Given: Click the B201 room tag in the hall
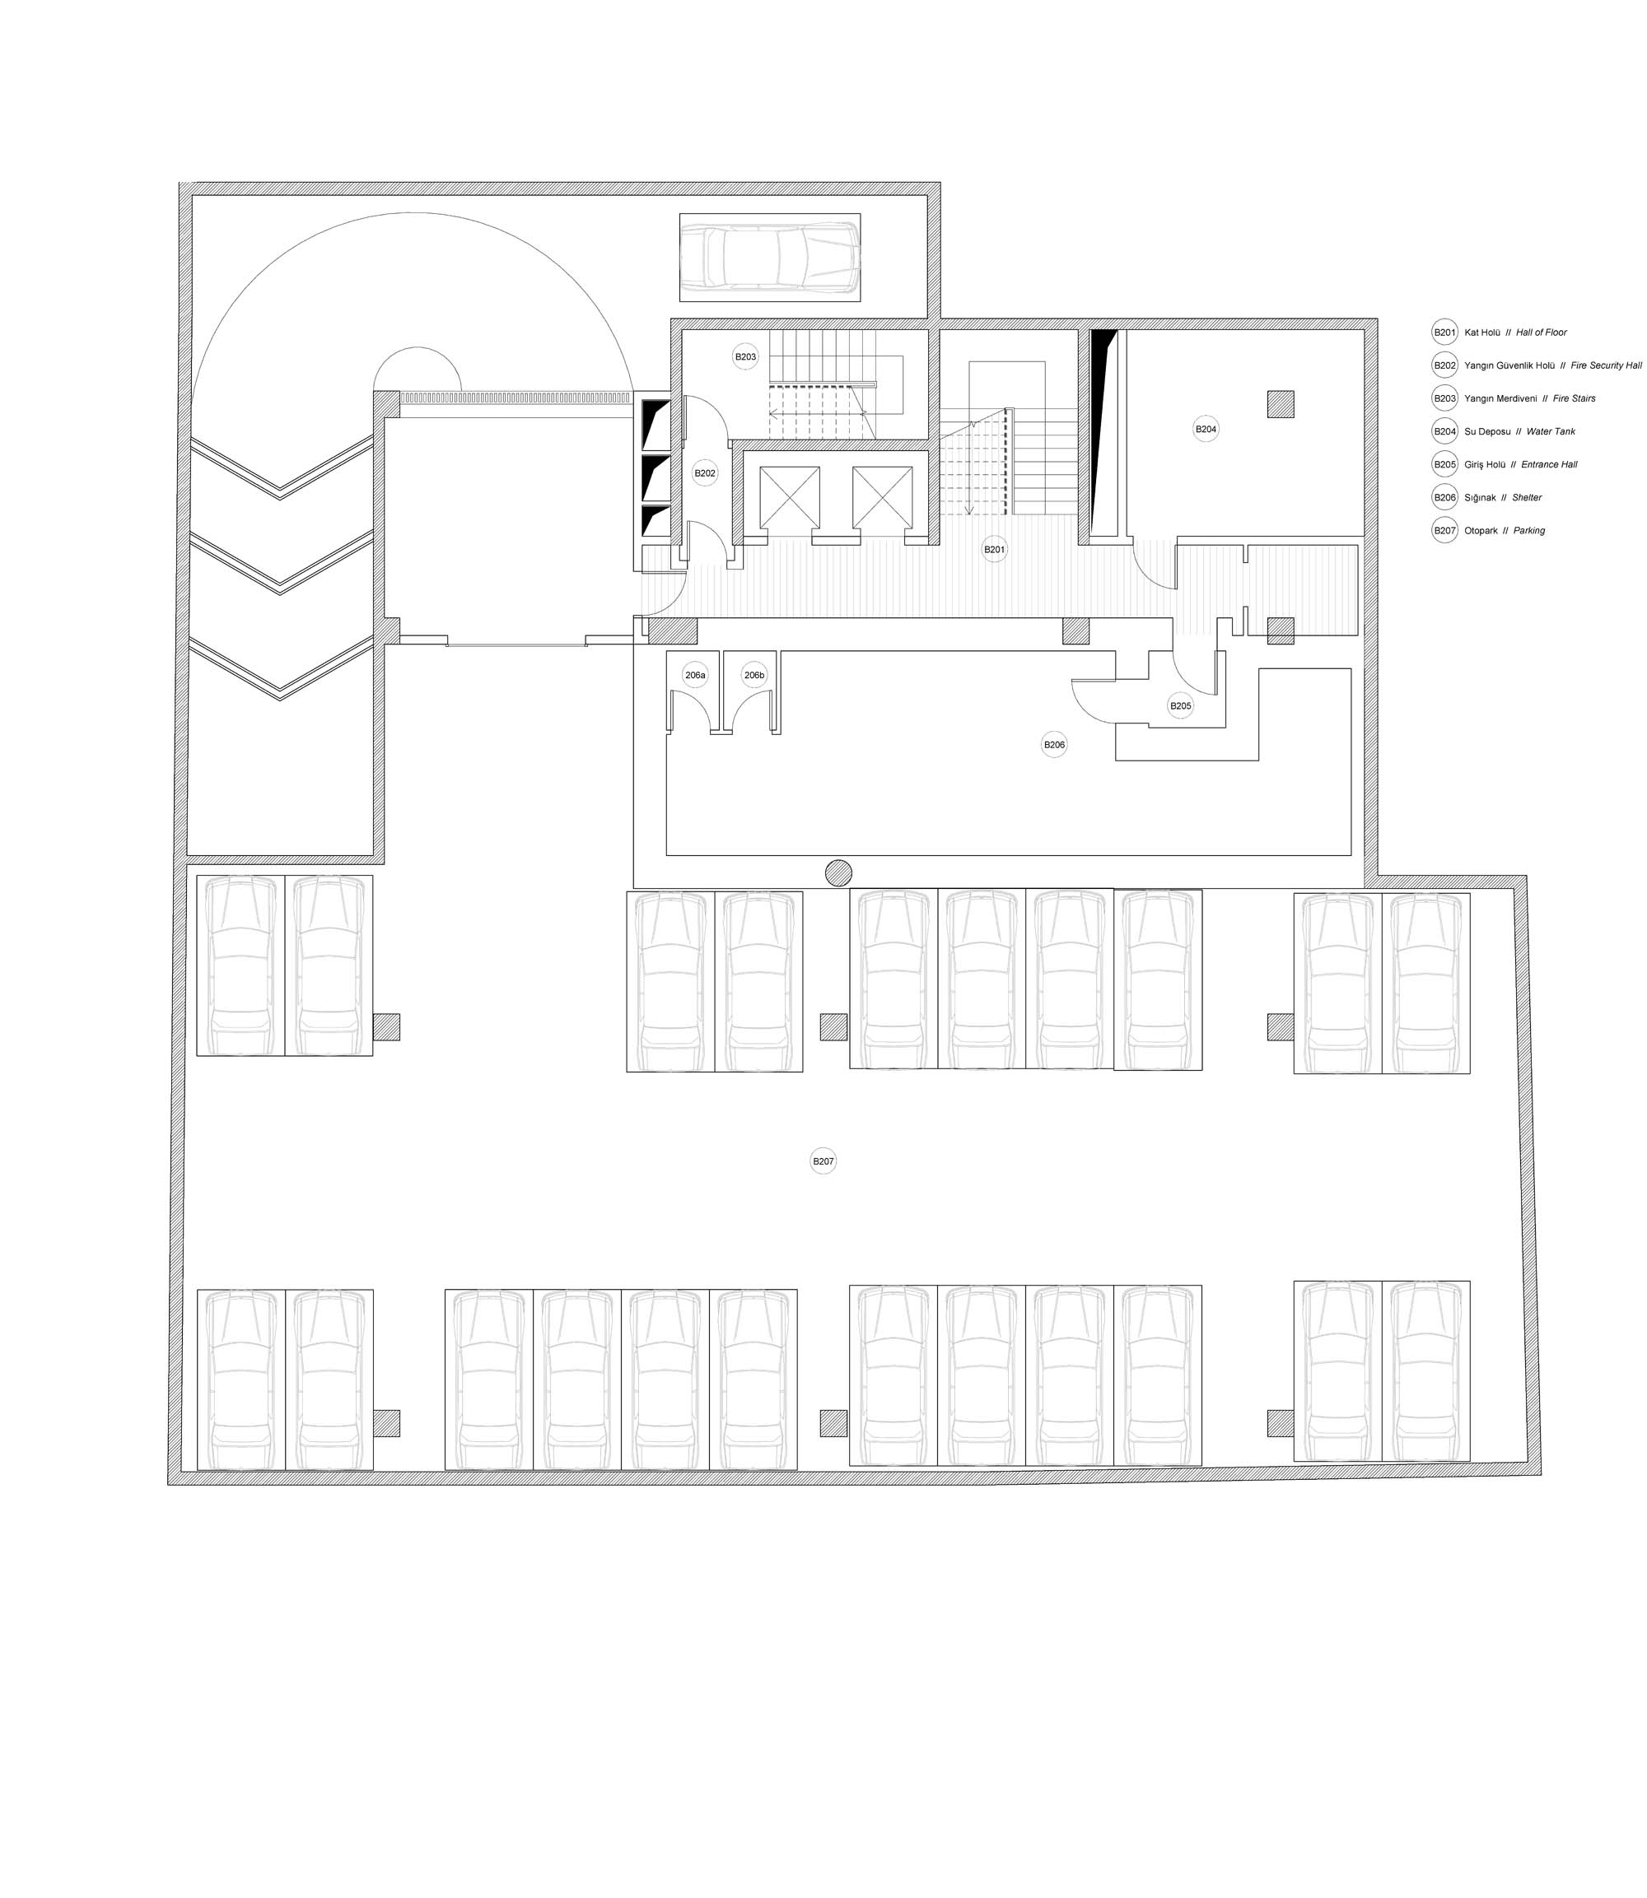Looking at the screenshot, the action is (x=995, y=549).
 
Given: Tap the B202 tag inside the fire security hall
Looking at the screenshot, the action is (x=705, y=473).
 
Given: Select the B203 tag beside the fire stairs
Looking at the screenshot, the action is (x=745, y=356).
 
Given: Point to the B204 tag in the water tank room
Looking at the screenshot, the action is (x=1205, y=429).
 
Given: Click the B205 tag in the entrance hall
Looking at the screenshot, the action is (x=1180, y=705).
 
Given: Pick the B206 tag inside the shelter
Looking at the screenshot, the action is (x=1054, y=744).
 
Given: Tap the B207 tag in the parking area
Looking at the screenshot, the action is (x=823, y=1161).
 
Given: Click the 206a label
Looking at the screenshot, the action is (x=696, y=675).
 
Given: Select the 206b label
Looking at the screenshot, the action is (x=754, y=675).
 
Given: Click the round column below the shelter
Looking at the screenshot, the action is (x=838, y=872).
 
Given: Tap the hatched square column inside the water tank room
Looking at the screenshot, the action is (x=1281, y=404).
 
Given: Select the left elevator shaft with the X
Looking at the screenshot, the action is (x=790, y=497).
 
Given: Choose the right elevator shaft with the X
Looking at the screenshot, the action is (x=882, y=497).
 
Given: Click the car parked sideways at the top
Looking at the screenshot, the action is (x=770, y=258).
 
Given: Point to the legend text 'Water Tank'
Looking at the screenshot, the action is (x=1551, y=432).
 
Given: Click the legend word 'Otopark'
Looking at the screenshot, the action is (x=1481, y=531).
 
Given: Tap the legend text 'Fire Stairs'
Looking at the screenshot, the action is (x=1575, y=398).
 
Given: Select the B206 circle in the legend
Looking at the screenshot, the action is (x=1444, y=497).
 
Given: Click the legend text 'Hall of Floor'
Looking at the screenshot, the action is (x=1542, y=333).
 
